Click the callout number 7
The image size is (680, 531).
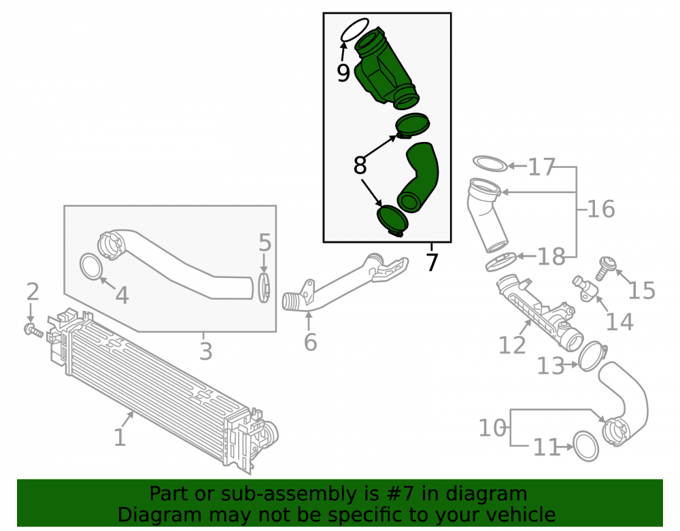432,262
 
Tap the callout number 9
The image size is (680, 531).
343,73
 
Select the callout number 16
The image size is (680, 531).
601,209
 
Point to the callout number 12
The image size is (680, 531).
512,345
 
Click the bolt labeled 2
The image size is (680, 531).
33,330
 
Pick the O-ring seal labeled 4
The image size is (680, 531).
92,267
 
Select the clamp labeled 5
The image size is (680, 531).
264,288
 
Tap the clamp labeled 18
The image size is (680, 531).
501,262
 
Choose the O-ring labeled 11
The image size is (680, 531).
586,446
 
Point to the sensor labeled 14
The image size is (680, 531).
585,289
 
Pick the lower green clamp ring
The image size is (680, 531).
392,221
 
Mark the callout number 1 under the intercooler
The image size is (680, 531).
120,437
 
